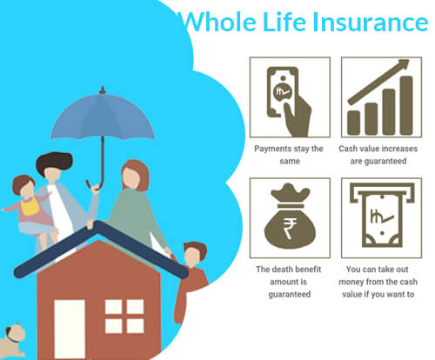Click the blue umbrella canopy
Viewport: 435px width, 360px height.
click(x=102, y=116)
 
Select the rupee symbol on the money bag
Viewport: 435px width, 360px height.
click(x=290, y=229)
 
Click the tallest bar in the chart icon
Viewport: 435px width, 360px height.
click(x=406, y=105)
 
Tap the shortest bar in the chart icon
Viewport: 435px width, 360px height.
click(x=354, y=123)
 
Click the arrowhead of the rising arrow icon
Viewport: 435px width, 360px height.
click(x=404, y=64)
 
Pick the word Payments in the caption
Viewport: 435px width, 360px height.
click(x=271, y=149)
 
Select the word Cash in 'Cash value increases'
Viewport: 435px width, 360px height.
click(x=348, y=149)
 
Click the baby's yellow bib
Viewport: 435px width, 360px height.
click(x=30, y=206)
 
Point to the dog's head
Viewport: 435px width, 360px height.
click(x=15, y=334)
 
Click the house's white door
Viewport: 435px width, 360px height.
click(x=70, y=330)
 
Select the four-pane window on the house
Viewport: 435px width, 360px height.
click(x=124, y=317)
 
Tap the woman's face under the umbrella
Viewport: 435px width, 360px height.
click(x=130, y=177)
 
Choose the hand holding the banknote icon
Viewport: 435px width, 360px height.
click(x=298, y=116)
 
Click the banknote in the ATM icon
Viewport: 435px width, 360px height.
click(x=382, y=220)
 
